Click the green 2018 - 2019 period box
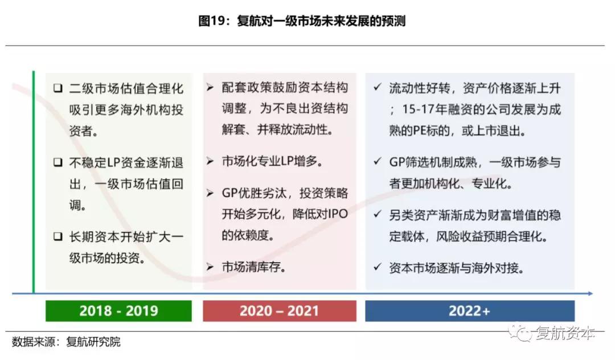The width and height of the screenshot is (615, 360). pos(118,311)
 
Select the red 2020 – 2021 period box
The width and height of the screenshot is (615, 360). pos(280,311)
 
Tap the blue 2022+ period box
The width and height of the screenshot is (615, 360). pos(470,311)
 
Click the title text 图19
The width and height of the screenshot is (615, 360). pos(212,21)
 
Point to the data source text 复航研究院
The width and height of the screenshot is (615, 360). pos(93,342)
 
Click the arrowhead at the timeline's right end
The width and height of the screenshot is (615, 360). pos(590,293)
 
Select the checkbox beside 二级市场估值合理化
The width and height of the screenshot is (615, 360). pos(58,88)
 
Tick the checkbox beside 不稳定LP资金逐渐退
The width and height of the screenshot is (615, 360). pos(58,162)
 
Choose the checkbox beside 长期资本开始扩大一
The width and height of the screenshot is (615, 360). pos(58,236)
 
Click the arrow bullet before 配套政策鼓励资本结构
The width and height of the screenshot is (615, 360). pos(210,87)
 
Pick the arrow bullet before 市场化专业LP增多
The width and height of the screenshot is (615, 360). pos(210,161)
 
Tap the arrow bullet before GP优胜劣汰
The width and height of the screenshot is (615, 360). pos(210,193)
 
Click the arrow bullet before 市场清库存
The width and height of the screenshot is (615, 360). pos(210,267)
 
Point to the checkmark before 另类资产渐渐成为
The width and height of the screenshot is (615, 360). pos(378,214)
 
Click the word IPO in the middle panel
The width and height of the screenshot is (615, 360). pos(337,214)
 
